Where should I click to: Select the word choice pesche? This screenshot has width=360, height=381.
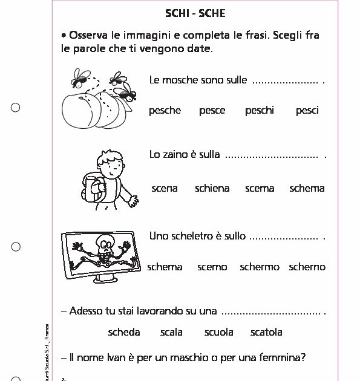click(x=165, y=111)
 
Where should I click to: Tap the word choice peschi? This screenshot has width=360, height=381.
click(x=260, y=111)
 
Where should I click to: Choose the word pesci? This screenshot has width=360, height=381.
click(x=307, y=111)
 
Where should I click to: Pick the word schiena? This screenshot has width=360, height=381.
click(x=212, y=189)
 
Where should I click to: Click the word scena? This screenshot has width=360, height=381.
click(x=165, y=189)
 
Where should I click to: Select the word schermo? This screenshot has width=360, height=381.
click(x=260, y=267)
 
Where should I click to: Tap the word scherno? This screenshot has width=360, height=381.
click(x=307, y=267)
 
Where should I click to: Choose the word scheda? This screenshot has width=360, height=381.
click(x=124, y=332)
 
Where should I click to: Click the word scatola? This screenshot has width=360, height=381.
click(x=266, y=332)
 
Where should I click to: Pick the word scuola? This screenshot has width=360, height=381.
click(x=219, y=332)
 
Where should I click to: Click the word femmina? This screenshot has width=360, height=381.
click(x=283, y=357)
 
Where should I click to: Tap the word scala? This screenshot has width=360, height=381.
click(x=171, y=332)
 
